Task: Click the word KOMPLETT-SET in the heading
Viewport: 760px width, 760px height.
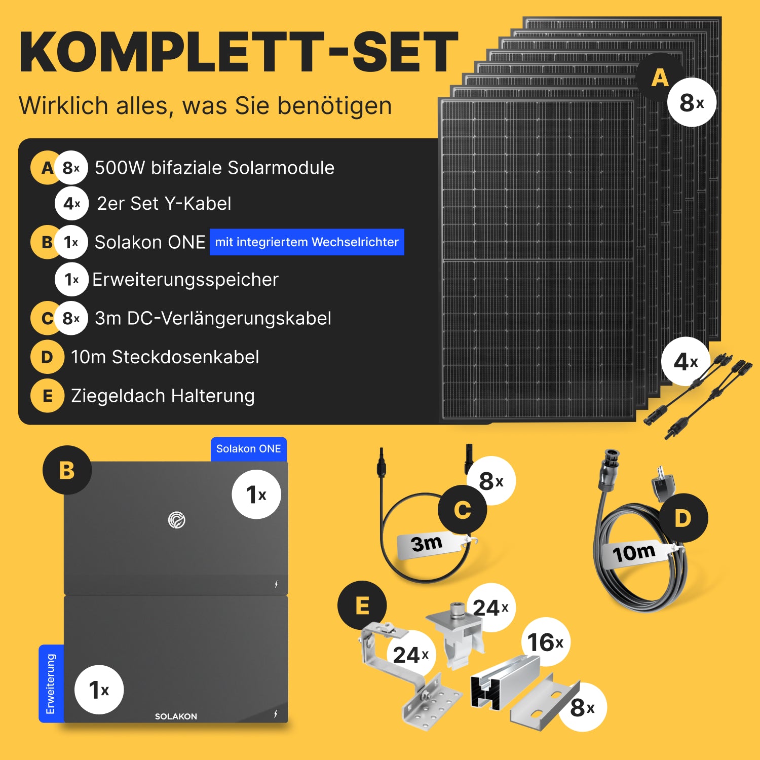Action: click(239, 53)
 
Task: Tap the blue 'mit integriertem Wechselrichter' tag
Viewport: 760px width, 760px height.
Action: click(307, 242)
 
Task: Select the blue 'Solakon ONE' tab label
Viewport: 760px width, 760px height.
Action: click(249, 449)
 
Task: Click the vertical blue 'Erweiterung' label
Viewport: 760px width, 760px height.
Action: click(51, 683)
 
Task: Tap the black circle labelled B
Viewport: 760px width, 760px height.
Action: click(67, 470)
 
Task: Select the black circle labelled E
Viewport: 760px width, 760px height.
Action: click(362, 605)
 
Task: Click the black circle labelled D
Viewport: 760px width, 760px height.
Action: click(683, 518)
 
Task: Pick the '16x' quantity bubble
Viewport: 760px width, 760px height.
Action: click(546, 642)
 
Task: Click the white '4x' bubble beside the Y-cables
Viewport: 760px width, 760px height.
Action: click(686, 362)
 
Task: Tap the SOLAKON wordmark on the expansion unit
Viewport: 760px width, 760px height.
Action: click(176, 716)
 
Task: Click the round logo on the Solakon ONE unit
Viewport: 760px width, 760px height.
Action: click(177, 520)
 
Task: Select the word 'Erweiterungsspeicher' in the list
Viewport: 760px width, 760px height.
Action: click(185, 280)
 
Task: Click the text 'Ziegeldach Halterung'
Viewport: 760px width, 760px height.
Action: click(163, 396)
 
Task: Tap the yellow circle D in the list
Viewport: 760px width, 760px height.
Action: click(47, 357)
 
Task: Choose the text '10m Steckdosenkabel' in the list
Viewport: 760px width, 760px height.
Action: click(165, 357)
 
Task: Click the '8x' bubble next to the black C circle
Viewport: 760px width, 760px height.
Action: click(490, 481)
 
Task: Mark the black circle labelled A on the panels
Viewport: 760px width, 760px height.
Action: click(660, 78)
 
